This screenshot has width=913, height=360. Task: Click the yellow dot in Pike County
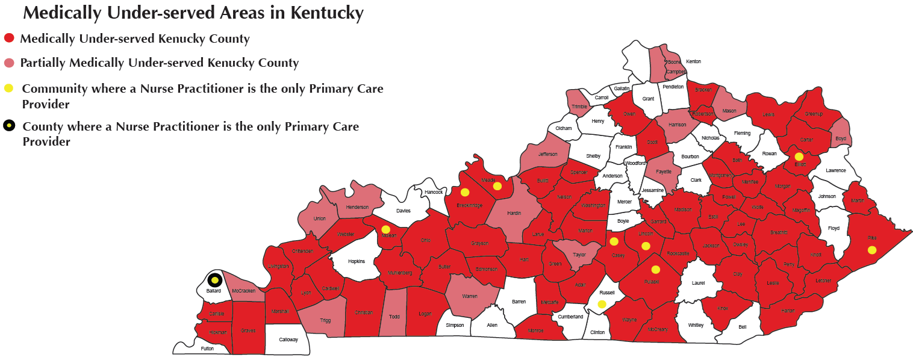pos(871,250)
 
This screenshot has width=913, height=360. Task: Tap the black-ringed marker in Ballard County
pos(214,280)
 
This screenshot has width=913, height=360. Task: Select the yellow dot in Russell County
pos(602,304)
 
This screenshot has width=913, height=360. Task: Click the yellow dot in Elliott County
pos(799,157)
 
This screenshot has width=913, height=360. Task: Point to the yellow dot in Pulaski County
pos(656,270)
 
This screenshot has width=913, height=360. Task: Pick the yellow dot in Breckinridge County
pos(465,193)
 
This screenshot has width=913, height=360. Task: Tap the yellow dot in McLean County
pos(386,229)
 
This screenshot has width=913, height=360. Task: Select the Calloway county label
pos(288,340)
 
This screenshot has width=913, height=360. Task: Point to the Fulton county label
pos(207,349)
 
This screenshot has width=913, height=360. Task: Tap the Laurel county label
pos(698,282)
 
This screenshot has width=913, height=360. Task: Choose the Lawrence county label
pos(835,170)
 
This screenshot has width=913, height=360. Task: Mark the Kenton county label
pos(693,61)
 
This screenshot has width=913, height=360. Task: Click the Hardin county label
pos(514,213)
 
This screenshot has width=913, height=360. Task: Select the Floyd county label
pos(834,228)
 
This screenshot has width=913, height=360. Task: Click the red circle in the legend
pos(9,39)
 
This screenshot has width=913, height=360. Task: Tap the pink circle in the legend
pos(9,63)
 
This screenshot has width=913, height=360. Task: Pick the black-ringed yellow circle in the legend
pos(9,126)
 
